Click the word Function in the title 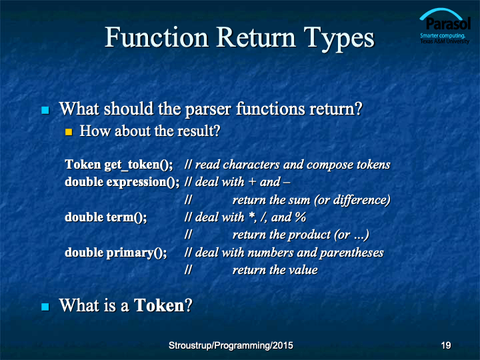tap(157, 37)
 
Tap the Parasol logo tap(445, 26)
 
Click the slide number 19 tap(446, 345)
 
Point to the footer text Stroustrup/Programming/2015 tap(231, 345)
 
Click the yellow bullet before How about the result tap(69, 132)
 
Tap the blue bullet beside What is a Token tap(45, 307)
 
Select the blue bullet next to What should tap(45, 110)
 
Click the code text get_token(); tap(139, 165)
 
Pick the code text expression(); tap(143, 183)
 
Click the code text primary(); tap(137, 253)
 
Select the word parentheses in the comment tap(351, 253)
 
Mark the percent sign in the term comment tap(300, 217)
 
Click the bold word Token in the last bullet tap(159, 305)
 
